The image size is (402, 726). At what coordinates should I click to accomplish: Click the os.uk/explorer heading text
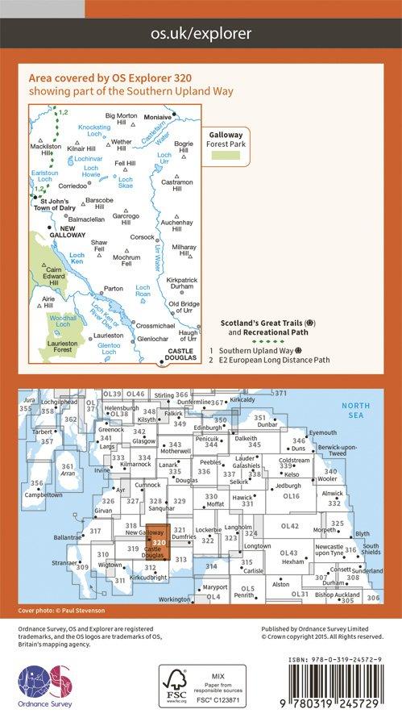pyautogui.click(x=201, y=33)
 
